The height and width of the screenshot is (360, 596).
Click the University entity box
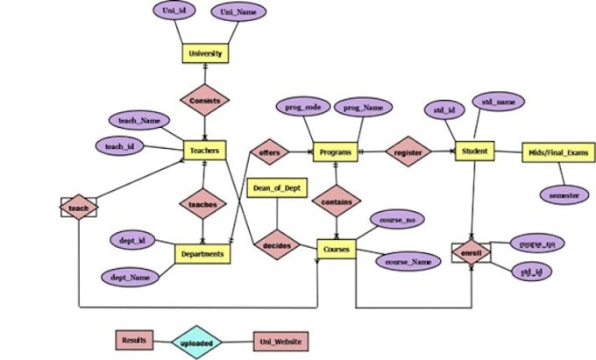[205, 54]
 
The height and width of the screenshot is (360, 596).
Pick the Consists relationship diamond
[205, 101]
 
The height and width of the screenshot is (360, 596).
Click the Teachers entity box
[204, 151]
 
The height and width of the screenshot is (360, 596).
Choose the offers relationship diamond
[268, 152]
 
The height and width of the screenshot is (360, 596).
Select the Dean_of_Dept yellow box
[278, 188]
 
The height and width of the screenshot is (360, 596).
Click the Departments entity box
[202, 254]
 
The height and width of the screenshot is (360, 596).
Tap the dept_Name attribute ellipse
[130, 277]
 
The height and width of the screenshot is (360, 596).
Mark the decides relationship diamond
[276, 247]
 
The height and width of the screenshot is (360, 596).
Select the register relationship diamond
[408, 152]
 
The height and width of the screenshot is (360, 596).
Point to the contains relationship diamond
[337, 201]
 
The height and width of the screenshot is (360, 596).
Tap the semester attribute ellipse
[563, 195]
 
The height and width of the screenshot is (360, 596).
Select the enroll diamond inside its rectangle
[472, 252]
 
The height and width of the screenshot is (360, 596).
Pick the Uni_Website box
[280, 339]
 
